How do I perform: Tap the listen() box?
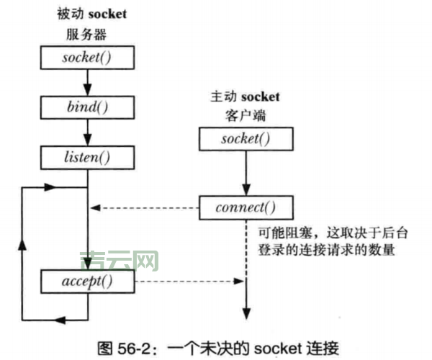(86, 155)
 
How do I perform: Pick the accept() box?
(86, 280)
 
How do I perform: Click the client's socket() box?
(247, 138)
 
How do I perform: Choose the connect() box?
(247, 209)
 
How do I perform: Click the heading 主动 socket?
(247, 96)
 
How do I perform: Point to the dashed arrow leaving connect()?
(144, 209)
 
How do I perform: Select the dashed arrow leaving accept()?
(187, 280)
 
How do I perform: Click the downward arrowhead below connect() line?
(247, 313)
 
